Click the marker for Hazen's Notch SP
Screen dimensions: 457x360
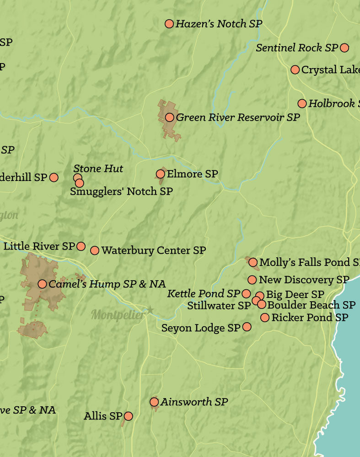169,24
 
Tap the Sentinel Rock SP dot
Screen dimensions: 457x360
344,48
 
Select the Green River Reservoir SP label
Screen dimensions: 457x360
238,117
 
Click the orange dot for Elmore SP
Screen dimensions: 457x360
160,174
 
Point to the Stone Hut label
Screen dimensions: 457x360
98,169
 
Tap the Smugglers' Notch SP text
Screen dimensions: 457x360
121,191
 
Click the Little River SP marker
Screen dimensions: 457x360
81,246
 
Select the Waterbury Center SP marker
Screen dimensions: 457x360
95,250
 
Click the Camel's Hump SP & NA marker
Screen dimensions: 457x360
42,284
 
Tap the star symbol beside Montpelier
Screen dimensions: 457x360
150,310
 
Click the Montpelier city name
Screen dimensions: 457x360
118,315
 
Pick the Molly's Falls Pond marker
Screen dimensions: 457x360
253,262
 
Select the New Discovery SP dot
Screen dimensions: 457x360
252,280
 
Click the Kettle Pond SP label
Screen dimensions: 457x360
204,293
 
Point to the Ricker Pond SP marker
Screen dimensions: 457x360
265,317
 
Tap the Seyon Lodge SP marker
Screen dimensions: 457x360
247,327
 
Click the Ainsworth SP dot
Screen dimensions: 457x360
154,402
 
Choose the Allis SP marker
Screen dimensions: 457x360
129,416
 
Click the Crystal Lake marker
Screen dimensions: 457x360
295,69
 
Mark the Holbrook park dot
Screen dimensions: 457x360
302,104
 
